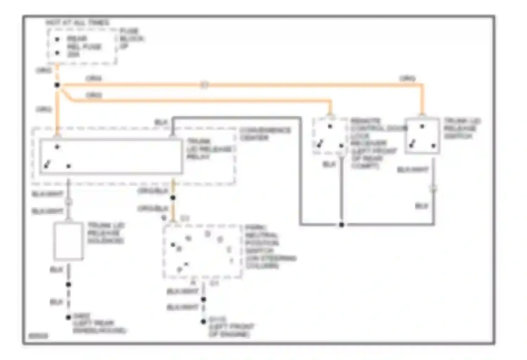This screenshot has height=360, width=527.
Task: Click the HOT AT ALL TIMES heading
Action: coord(77,23)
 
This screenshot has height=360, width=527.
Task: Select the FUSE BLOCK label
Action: coord(131,38)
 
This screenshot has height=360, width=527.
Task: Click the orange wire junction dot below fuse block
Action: coord(57,85)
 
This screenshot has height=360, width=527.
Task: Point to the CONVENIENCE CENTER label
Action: coord(265,134)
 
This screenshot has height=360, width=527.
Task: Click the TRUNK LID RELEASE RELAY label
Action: coord(209,149)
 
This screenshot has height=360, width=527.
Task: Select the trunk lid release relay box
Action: coord(111,156)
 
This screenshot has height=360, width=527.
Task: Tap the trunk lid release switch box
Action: coord(422,136)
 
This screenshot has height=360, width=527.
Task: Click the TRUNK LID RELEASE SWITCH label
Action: coord(462,128)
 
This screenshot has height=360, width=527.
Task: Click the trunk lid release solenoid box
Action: coord(69,241)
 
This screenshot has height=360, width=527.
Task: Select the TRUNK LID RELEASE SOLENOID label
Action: coord(106,233)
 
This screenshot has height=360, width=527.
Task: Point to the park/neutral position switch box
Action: coord(203,251)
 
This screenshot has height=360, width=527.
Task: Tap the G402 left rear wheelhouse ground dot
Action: coord(69,317)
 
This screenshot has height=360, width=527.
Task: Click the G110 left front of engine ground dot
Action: coord(203,322)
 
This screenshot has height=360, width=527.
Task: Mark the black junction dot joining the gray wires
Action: coord(341,225)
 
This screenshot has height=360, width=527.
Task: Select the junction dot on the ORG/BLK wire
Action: coord(173,198)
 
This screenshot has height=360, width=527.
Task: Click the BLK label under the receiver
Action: coord(329,164)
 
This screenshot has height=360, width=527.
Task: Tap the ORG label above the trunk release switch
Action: coord(407,78)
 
